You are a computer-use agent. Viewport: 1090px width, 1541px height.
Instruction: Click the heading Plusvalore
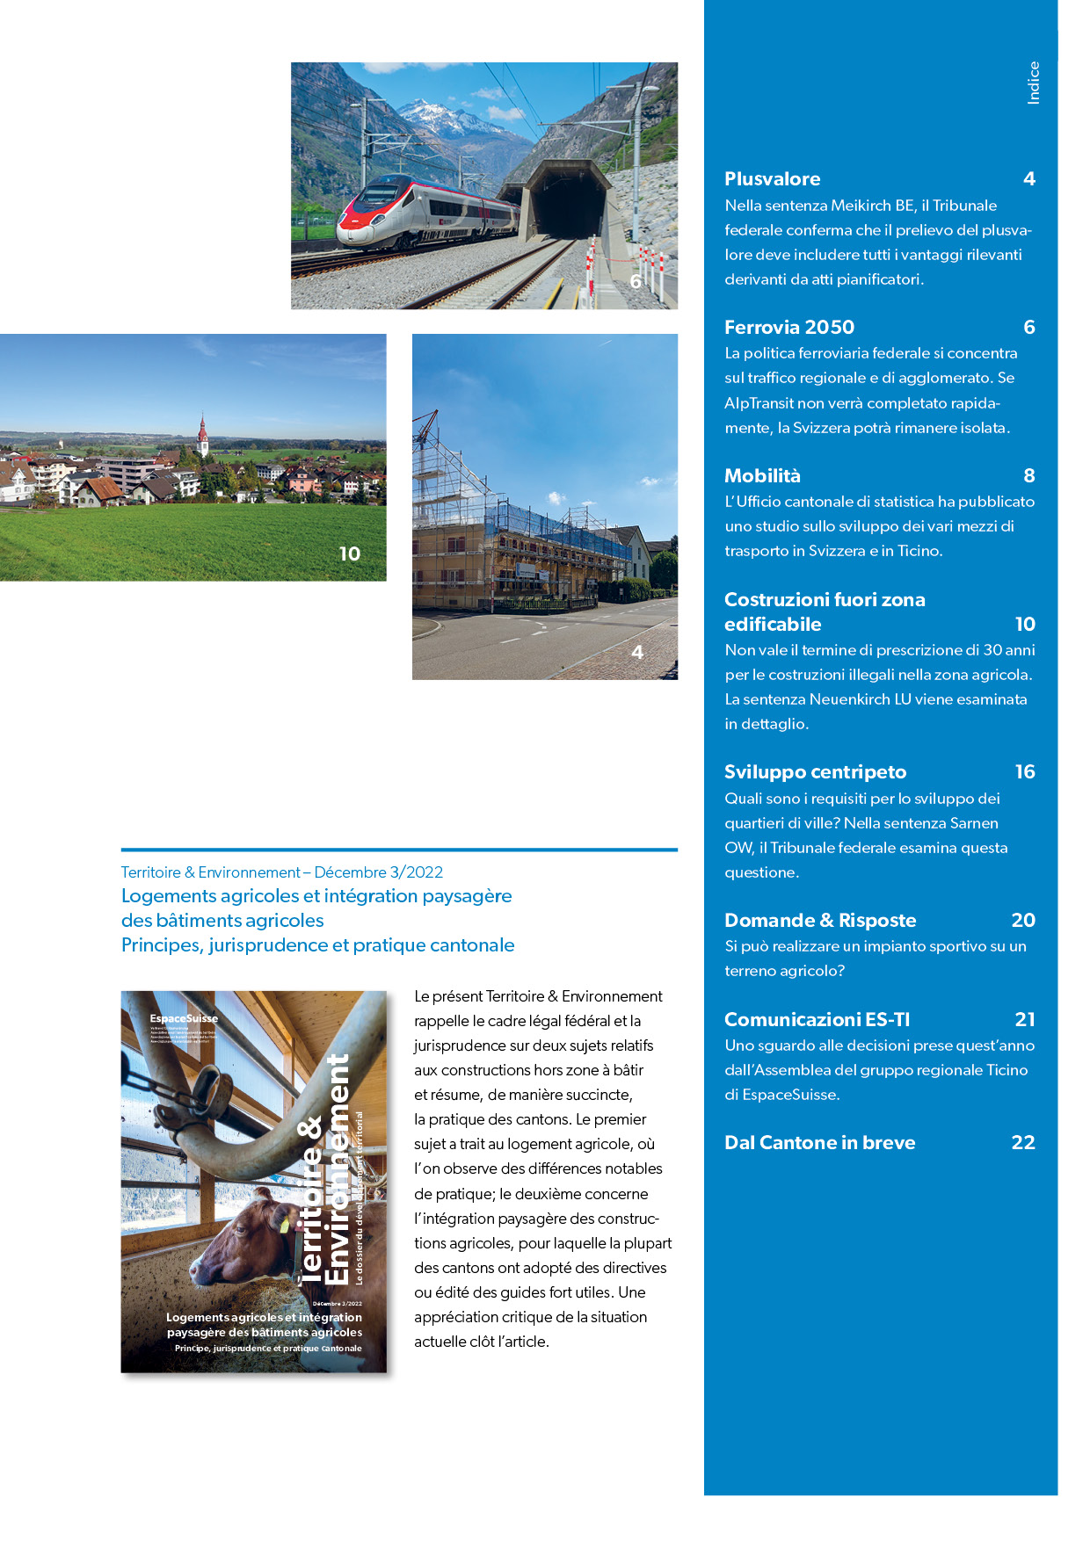[x=772, y=179]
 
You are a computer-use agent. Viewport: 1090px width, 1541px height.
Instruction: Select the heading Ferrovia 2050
[x=788, y=328]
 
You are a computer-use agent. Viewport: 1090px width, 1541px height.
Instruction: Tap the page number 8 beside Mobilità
[x=1028, y=476]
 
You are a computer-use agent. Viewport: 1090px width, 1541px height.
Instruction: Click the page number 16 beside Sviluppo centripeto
[x=1025, y=772]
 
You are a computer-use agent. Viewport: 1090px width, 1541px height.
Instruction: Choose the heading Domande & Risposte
[x=819, y=921]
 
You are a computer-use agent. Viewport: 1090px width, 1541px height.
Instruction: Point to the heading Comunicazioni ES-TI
[x=817, y=1020]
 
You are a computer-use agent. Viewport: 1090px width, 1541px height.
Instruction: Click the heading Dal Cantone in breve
[x=819, y=1143]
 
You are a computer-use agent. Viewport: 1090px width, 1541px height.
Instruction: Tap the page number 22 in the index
[x=1023, y=1143]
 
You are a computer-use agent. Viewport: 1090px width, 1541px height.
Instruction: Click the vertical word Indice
[x=1034, y=83]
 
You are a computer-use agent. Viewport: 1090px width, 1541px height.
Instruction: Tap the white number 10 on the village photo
[x=350, y=554]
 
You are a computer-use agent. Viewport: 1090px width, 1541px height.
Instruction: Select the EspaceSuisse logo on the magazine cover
[x=184, y=1019]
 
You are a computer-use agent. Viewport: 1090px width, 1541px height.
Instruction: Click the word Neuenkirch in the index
[x=851, y=700]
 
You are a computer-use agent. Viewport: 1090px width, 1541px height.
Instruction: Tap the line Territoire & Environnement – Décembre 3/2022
[x=281, y=872]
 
